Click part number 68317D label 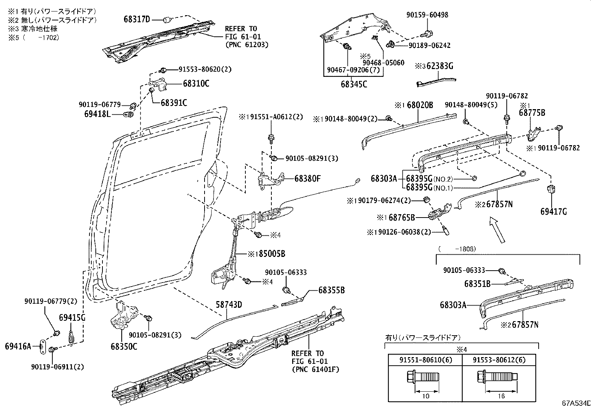click(137, 19)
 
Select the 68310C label click(196, 84)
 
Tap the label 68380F click(307, 179)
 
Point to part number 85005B click(272, 254)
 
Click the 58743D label click(229, 305)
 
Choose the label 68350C click(124, 346)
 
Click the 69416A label click(18, 346)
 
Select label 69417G click(554, 212)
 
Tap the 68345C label click(354, 85)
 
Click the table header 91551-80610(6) click(425, 360)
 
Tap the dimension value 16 click(501, 396)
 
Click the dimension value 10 click(426, 396)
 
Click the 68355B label click(331, 290)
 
